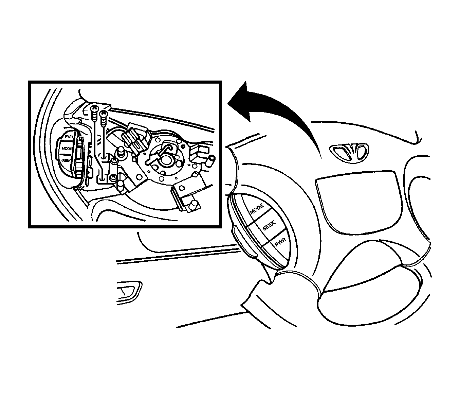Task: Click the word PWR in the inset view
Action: pos(69,137)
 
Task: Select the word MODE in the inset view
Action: pos(67,149)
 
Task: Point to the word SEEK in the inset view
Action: pos(66,160)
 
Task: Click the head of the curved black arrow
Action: pos(241,101)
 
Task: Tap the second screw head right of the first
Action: pos(104,113)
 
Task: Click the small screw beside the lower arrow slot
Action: pos(113,177)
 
